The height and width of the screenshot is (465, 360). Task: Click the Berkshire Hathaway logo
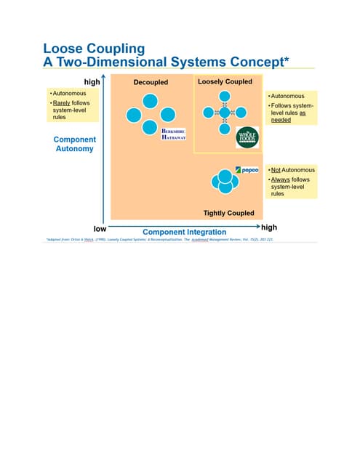(x=174, y=134)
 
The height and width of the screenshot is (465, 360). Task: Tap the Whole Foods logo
(x=247, y=137)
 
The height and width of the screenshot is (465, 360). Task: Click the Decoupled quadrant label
(x=151, y=83)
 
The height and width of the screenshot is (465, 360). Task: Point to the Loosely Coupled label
(x=225, y=82)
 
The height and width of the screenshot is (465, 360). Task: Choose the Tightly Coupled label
(x=228, y=213)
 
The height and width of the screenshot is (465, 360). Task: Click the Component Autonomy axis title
(x=74, y=144)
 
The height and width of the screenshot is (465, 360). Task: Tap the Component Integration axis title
(x=184, y=232)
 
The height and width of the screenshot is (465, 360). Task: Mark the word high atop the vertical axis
(x=92, y=82)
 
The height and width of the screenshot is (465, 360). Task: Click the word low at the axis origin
(x=100, y=228)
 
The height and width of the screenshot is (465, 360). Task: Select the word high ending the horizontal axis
(x=268, y=227)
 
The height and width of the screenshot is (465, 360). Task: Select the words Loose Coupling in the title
(x=95, y=49)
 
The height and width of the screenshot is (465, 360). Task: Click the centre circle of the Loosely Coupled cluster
(x=225, y=112)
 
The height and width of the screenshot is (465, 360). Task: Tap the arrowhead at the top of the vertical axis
(x=106, y=82)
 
